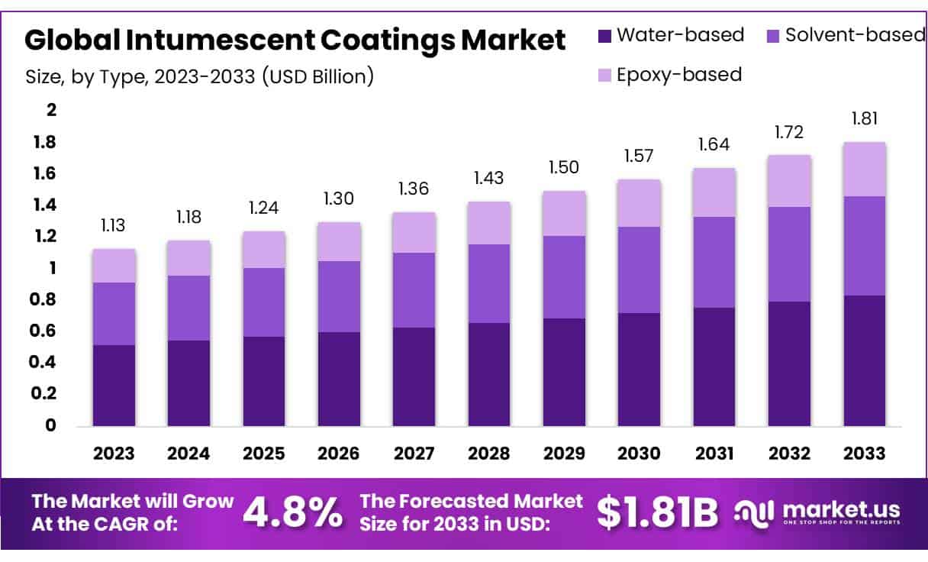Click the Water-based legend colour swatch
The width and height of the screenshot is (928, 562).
tap(604, 35)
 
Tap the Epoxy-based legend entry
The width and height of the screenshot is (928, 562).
tap(678, 75)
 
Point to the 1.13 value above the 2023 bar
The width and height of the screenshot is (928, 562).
tap(114, 225)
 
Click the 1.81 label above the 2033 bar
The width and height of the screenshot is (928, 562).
tap(865, 119)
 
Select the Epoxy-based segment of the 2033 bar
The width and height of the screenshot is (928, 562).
tap(865, 169)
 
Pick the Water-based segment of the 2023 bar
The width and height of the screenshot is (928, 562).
tap(114, 386)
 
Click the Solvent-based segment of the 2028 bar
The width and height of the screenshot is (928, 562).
tap(489, 283)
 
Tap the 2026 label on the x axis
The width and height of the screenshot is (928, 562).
tap(339, 454)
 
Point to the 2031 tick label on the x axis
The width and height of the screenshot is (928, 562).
tap(714, 454)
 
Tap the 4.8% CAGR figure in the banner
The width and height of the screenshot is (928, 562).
tap(292, 514)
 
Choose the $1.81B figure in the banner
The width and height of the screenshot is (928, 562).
tap(657, 514)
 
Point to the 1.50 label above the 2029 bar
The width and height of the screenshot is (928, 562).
tap(564, 167)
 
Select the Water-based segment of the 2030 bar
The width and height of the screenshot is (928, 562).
tap(640, 370)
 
